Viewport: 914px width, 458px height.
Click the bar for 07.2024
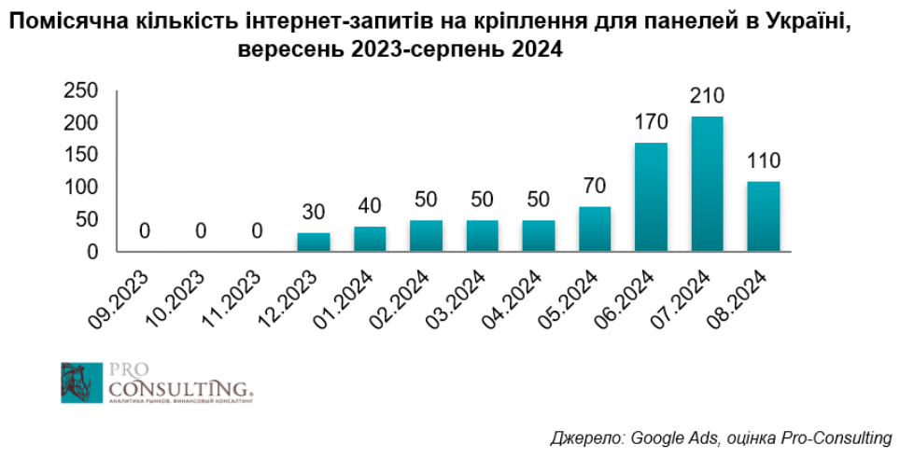707,184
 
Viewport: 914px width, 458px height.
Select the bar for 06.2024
651,197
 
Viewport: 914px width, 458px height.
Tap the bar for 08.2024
763,216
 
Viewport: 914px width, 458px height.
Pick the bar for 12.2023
314,243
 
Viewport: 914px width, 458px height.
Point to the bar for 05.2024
595,229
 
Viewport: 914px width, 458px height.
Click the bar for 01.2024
370,239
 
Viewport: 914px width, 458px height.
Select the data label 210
707,96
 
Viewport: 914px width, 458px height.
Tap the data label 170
651,122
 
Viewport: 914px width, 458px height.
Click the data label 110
763,160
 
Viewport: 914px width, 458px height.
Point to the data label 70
595,187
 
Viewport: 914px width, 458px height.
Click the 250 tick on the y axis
81,90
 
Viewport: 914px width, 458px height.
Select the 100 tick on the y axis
81,187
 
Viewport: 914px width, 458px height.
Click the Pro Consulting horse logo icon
77,382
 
